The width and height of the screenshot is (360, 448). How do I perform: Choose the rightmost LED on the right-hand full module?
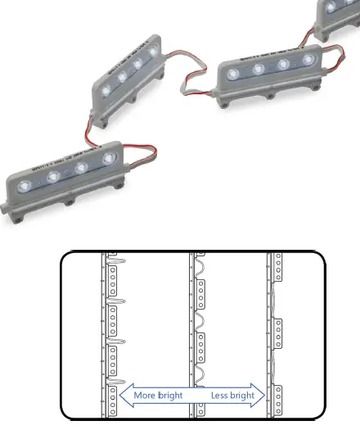(307, 60)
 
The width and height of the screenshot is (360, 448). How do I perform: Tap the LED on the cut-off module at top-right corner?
(332, 7)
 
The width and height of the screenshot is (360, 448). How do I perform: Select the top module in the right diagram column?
(278, 268)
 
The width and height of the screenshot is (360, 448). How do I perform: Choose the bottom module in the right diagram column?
(278, 399)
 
